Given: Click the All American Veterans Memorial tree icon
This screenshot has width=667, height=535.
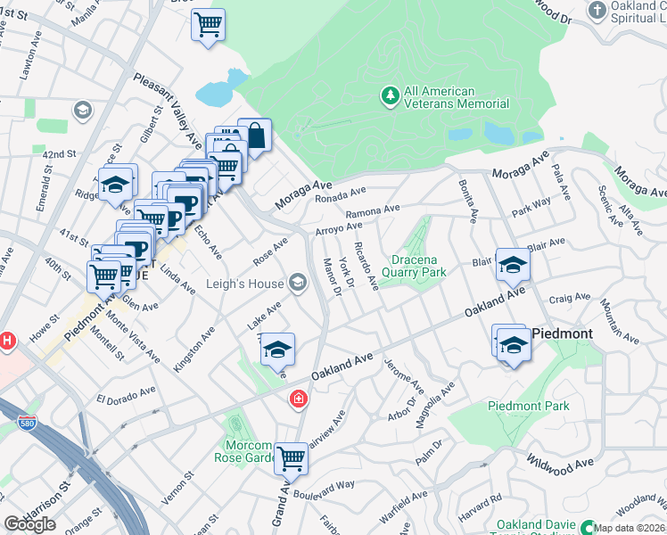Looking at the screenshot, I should pyautogui.click(x=389, y=95).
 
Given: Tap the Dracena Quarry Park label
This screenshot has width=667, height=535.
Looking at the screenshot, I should pyautogui.click(x=413, y=267).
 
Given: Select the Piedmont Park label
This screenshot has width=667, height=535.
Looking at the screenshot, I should pyautogui.click(x=528, y=407).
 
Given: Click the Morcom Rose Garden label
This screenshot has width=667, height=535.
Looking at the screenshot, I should pyautogui.click(x=243, y=451).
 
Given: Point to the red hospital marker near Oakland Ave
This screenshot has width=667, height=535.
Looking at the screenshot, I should pyautogui.click(x=299, y=399).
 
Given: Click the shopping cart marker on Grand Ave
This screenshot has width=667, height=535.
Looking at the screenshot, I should pyautogui.click(x=291, y=459).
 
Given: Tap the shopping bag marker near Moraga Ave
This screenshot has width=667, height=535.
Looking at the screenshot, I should pyautogui.click(x=254, y=136).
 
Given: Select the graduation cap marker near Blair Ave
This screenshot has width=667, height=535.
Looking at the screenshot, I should pyautogui.click(x=513, y=265).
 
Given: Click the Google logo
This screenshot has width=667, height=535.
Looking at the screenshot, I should pyautogui.click(x=29, y=524).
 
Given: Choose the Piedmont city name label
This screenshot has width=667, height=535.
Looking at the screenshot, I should pyautogui.click(x=562, y=333).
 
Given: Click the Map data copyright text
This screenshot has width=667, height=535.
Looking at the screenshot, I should pyautogui.click(x=629, y=528).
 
